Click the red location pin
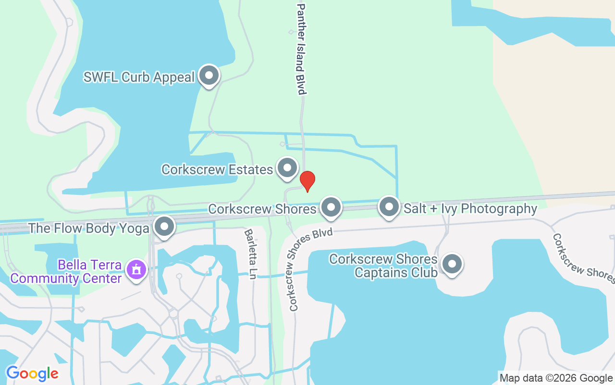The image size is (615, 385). [x=307, y=181]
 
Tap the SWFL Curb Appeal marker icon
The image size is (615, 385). [x=209, y=76]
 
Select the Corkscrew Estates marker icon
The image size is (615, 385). [x=288, y=168]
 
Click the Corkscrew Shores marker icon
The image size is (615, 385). [x=331, y=208]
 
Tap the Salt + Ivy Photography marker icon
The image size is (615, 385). [x=389, y=207]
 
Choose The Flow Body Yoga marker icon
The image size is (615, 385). [x=165, y=227]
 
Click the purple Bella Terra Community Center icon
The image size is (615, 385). [x=136, y=269]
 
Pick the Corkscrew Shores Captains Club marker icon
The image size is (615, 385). [x=452, y=264]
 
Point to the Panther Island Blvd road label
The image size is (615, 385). [x=302, y=49]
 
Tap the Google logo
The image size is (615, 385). [x=32, y=373]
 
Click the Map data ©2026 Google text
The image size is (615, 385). [x=556, y=378]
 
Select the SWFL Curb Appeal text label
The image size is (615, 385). [x=139, y=77]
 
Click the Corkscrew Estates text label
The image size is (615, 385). [x=217, y=169]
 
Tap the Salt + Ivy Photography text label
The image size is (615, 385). [x=470, y=209]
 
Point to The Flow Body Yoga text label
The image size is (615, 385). [x=89, y=228]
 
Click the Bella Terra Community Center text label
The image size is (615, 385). [x=66, y=271]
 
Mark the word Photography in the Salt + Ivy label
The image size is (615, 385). [x=501, y=209]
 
